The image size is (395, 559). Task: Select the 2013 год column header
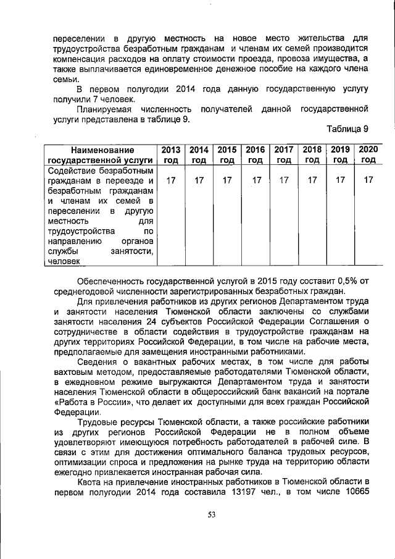point(170,154)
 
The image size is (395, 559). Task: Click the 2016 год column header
point(255,154)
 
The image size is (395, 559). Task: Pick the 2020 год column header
point(368,154)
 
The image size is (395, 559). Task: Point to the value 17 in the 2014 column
point(199,180)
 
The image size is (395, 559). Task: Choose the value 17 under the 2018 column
point(312,180)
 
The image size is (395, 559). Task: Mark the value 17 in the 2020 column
point(368,180)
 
